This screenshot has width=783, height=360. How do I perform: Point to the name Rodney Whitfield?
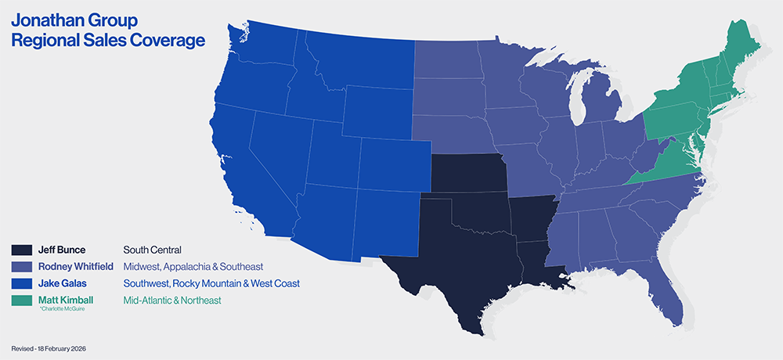coord(75,266)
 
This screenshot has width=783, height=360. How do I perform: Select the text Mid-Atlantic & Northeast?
coord(172,300)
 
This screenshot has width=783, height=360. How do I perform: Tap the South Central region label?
coord(153,250)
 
